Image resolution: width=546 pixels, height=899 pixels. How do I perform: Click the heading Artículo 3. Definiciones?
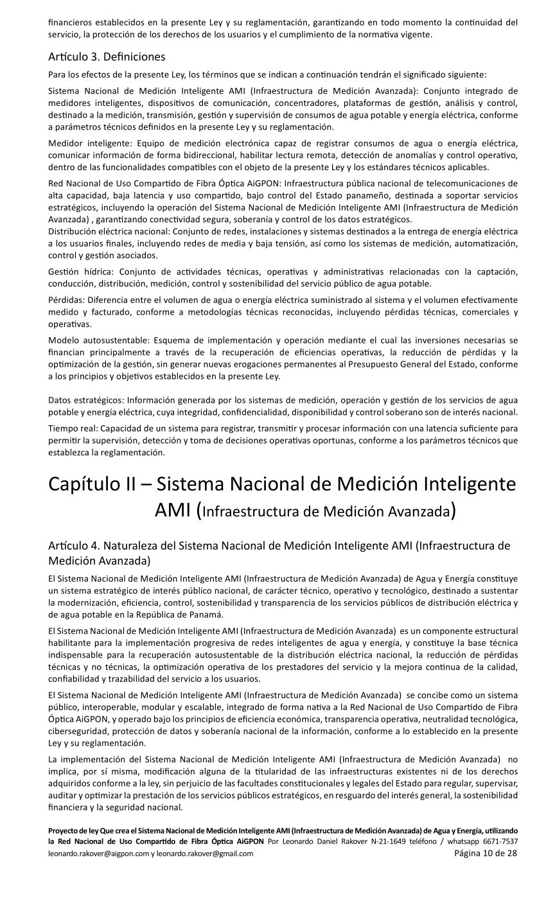[107, 57]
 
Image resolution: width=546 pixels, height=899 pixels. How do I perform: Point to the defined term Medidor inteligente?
[87, 143]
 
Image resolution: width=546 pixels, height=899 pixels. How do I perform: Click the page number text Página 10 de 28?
[486, 853]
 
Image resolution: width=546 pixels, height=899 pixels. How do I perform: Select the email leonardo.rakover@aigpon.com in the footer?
[98, 853]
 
